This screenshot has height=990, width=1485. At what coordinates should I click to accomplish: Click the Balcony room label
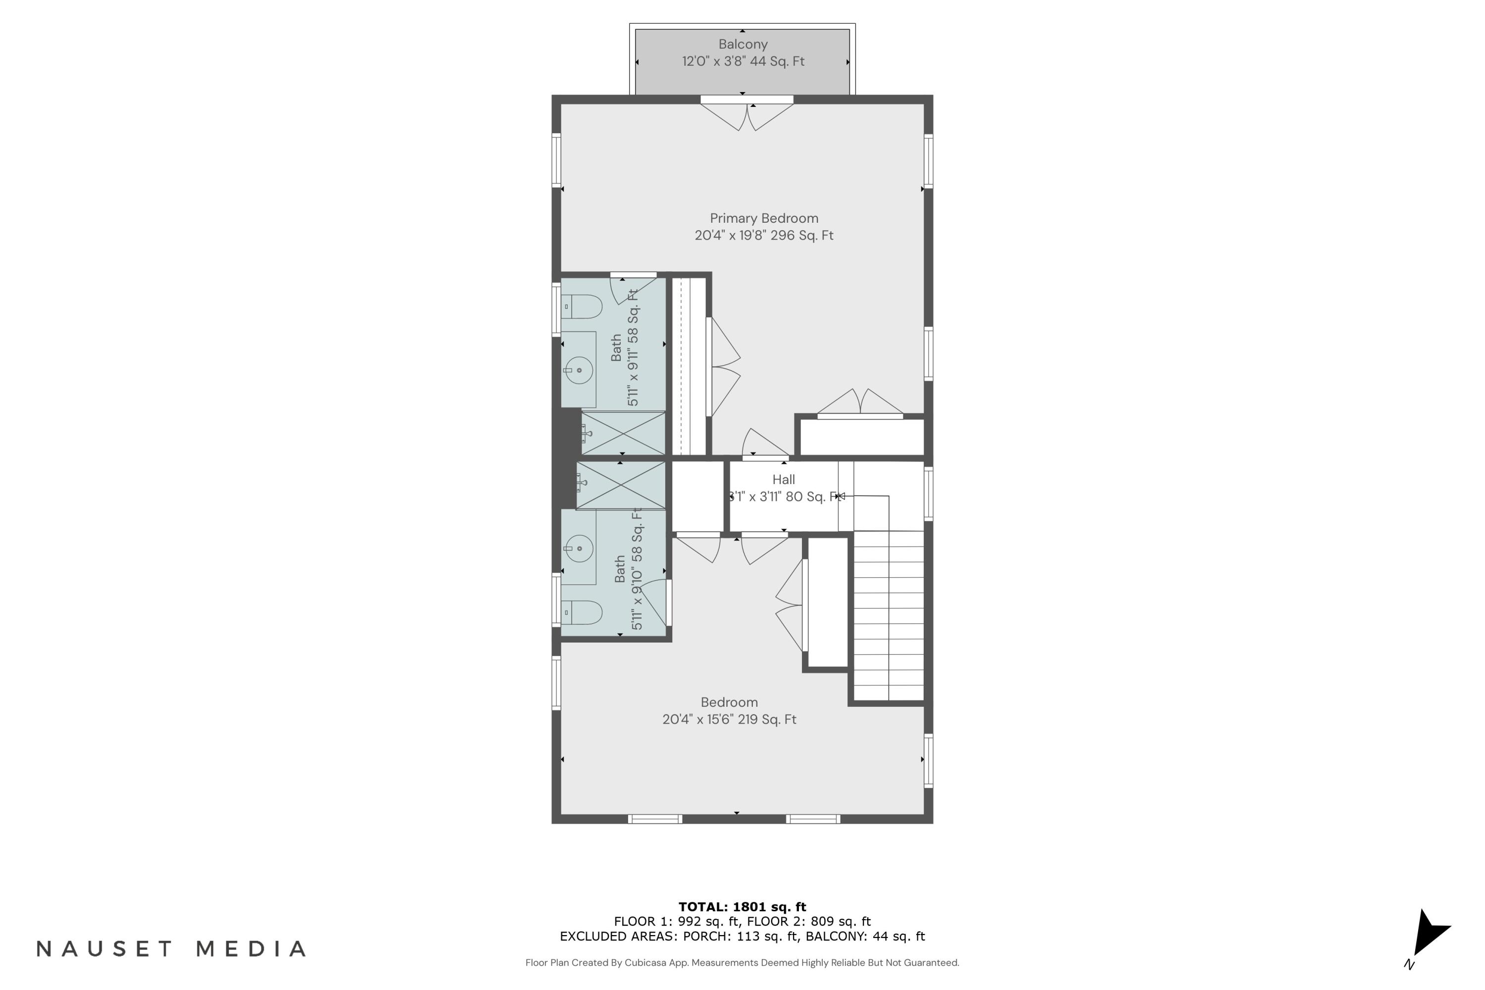click(742, 44)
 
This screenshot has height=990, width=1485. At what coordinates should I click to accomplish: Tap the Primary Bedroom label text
click(764, 218)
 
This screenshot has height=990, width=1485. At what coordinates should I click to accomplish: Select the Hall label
click(784, 480)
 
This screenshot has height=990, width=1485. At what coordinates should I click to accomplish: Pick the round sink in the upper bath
click(578, 370)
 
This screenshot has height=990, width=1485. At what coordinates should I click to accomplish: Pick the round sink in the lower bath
click(578, 548)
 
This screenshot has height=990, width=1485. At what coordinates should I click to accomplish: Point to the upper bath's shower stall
click(623, 434)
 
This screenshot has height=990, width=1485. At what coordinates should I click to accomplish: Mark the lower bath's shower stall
click(621, 485)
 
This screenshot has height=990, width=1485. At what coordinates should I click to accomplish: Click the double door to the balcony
click(747, 115)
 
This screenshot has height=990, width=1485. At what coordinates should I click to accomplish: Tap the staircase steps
click(889, 616)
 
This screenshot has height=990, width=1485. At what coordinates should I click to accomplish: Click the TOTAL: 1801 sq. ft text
click(742, 907)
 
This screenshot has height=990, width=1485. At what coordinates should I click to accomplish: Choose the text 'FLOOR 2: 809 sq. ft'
click(809, 921)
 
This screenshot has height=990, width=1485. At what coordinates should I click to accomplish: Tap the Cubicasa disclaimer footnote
click(742, 963)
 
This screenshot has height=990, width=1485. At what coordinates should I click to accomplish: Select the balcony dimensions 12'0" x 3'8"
click(715, 61)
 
